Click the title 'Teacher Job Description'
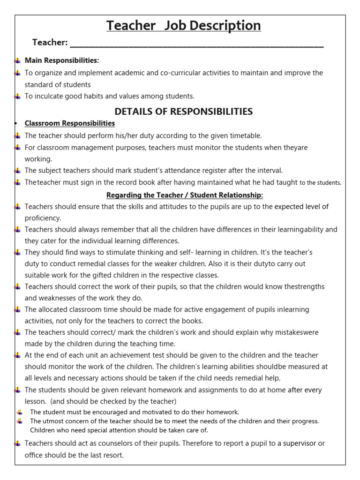[183, 25]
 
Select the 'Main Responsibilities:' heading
[62, 60]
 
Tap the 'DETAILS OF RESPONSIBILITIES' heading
[184, 111]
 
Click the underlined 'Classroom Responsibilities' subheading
[69, 123]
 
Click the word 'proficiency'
[43, 218]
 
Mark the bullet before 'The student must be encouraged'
[19, 412]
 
